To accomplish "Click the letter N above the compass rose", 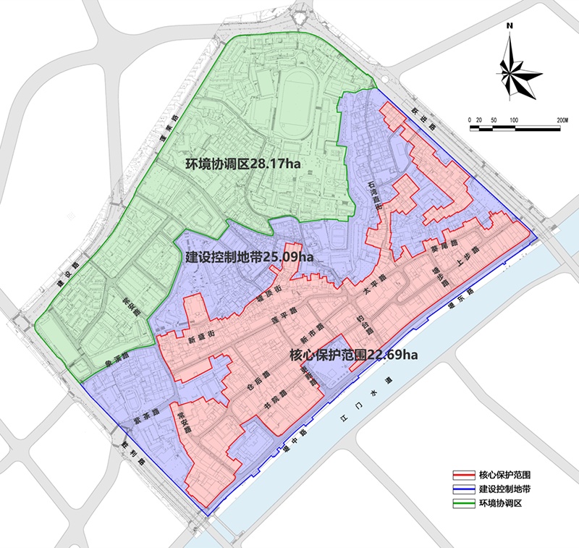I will (510, 27).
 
